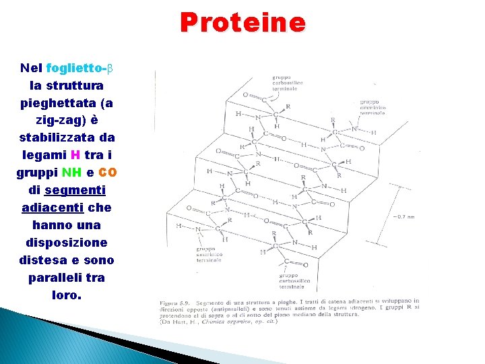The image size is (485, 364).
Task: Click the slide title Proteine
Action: (243, 23)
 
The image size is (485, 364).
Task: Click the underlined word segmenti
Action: (75, 190)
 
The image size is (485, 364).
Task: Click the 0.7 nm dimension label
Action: (405, 216)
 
